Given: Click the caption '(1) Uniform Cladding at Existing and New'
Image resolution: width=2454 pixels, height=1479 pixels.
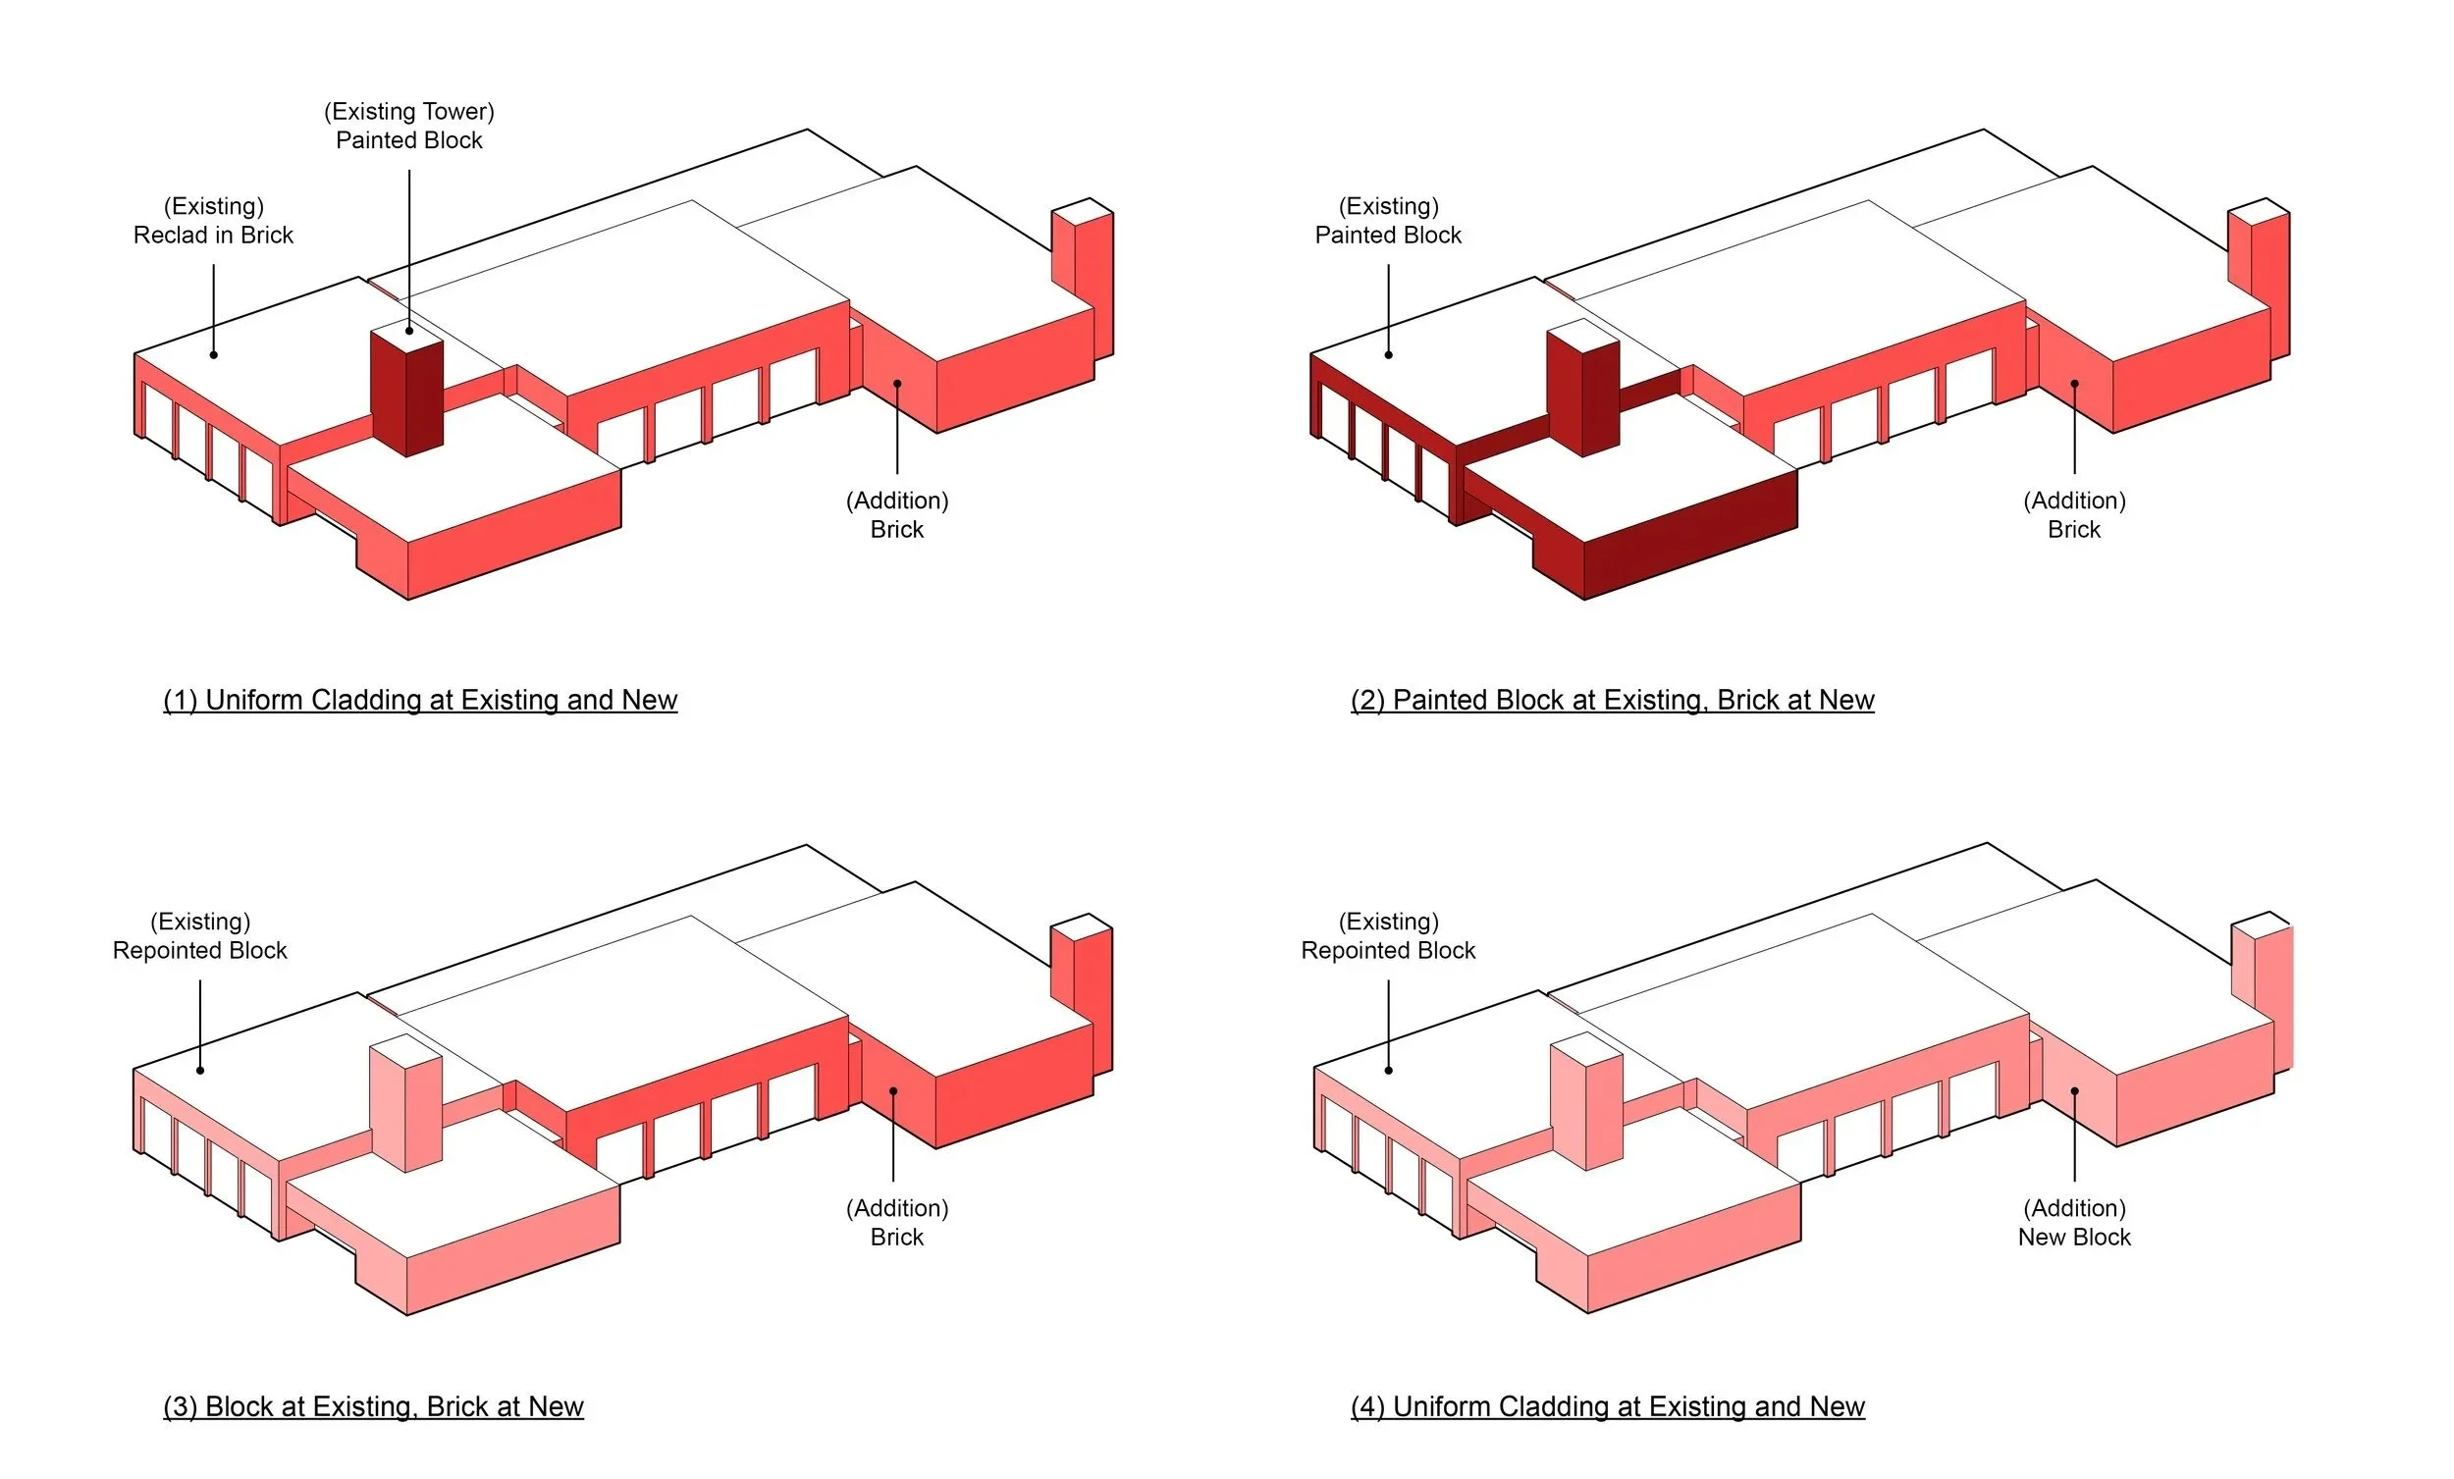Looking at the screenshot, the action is point(420,700).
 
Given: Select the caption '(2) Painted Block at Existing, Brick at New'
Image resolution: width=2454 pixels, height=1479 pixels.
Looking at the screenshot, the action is point(1612,700).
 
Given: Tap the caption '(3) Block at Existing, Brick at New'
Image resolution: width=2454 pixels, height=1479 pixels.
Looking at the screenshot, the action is point(373,1406).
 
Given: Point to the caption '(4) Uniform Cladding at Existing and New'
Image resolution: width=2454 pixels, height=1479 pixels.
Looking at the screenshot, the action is point(1608,1406).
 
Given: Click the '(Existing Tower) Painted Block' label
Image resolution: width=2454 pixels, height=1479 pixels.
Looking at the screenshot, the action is point(409,126).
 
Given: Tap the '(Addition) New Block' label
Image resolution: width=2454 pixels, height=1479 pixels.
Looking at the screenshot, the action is point(2073,1223).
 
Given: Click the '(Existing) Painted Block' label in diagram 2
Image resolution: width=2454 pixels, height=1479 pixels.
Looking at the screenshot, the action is point(1388,221).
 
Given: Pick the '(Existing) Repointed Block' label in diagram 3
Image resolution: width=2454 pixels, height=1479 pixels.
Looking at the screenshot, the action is point(200,936).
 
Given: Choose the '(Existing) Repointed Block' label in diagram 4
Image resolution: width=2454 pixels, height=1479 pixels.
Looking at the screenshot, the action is point(1388,936).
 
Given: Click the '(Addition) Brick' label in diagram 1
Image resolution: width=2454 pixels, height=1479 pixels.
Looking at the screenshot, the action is point(897,515).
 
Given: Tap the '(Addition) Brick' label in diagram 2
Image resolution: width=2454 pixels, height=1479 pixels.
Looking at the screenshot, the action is point(2073,515).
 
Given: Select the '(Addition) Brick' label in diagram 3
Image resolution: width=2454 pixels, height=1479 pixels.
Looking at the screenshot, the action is point(897,1223).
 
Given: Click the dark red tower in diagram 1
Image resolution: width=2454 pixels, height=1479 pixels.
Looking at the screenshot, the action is point(406,393).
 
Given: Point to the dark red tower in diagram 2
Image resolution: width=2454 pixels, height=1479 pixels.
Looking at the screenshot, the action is point(1582,393).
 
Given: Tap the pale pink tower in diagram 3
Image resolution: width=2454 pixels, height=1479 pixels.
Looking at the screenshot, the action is point(405,1105).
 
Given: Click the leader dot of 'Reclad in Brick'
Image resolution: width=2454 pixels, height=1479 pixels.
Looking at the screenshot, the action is point(213,354).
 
